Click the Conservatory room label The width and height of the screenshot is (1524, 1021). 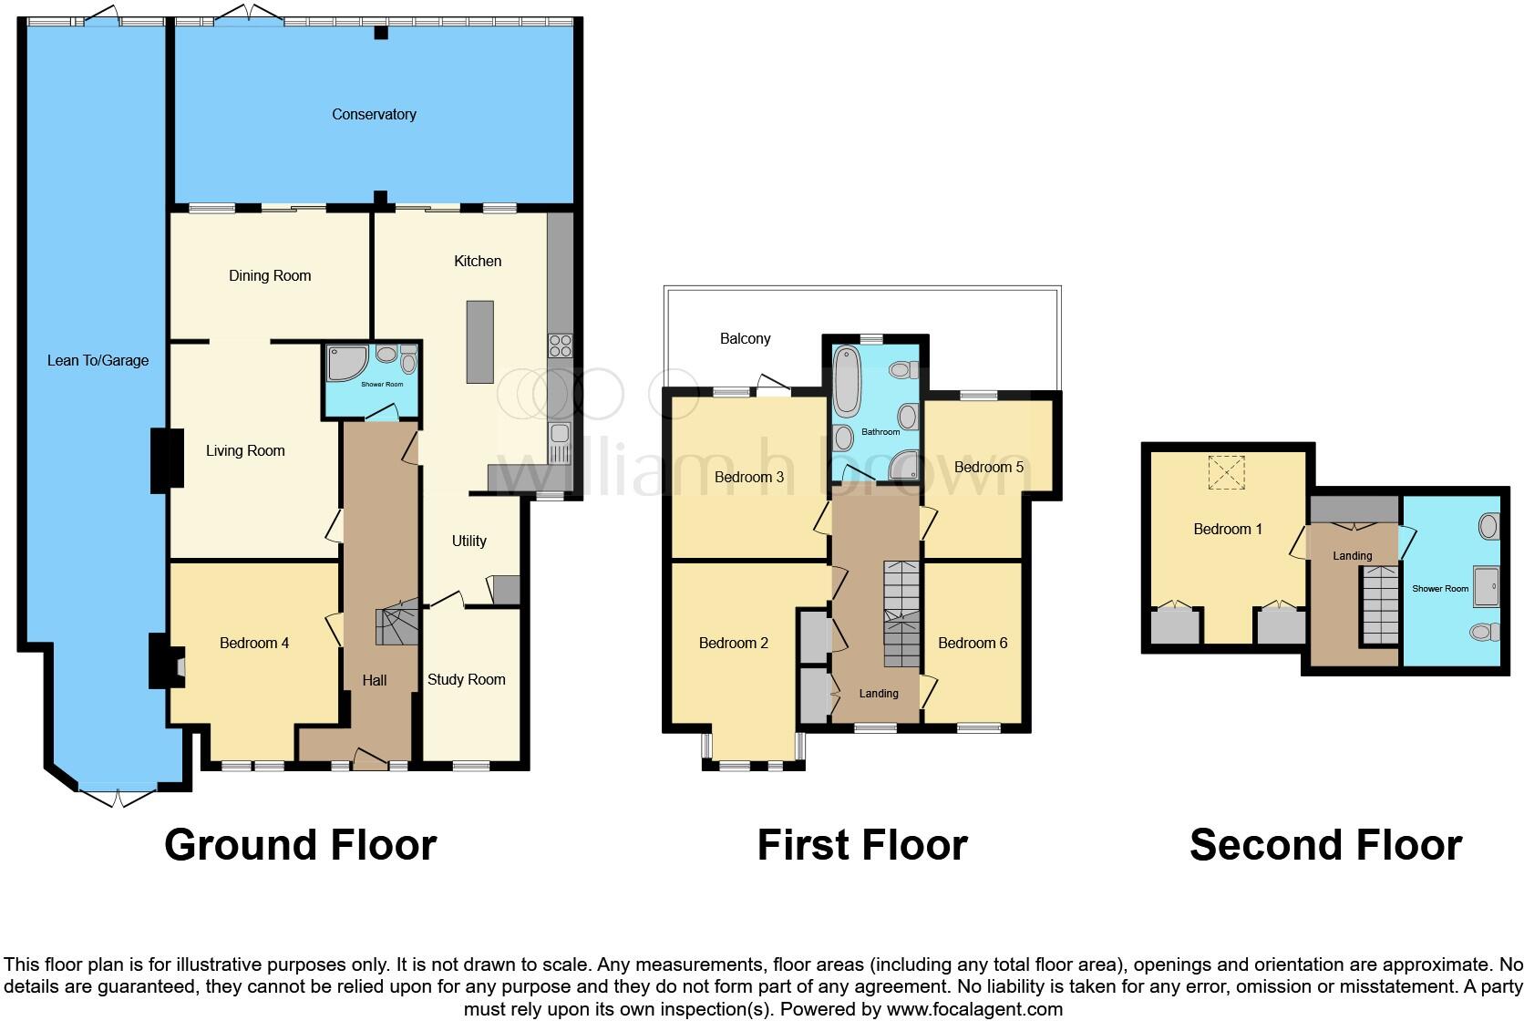coord(374,115)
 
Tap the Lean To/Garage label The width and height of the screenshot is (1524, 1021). coord(98,361)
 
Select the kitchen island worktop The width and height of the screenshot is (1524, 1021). coord(480,342)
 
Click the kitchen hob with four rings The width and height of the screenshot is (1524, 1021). coord(559,345)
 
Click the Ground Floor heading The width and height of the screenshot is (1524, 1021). coord(300,845)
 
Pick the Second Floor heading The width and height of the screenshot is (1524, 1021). coord(1325,845)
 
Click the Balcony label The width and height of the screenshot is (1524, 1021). coord(745,339)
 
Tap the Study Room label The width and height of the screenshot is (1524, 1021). coord(466,680)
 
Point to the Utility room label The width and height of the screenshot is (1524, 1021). coord(469,541)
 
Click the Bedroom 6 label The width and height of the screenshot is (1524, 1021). coord(973,644)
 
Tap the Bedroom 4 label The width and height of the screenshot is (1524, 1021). coord(254,644)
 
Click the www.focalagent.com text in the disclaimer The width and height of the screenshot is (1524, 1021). coord(973,1009)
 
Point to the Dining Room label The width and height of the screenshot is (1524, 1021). coord(270,276)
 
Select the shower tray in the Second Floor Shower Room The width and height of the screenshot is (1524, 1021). coord(1486,585)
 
